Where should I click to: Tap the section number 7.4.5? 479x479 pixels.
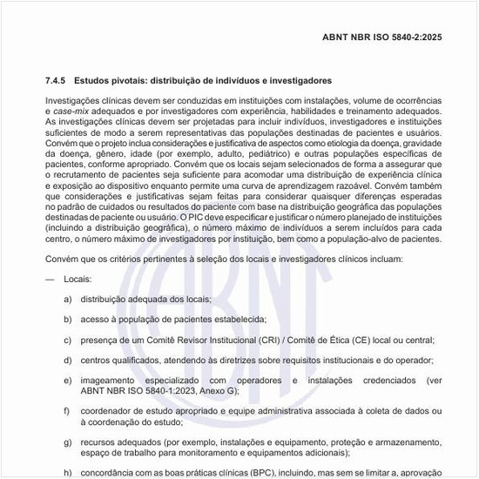(x=57, y=80)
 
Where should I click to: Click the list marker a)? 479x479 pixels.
(x=67, y=299)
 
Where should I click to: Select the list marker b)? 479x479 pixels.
(x=67, y=320)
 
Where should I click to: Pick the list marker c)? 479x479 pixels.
(x=67, y=340)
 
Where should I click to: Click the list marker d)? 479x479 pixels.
(x=67, y=361)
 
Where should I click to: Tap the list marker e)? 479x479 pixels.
(x=67, y=381)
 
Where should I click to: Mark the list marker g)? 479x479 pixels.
(x=67, y=442)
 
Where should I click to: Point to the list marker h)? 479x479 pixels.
(x=67, y=473)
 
